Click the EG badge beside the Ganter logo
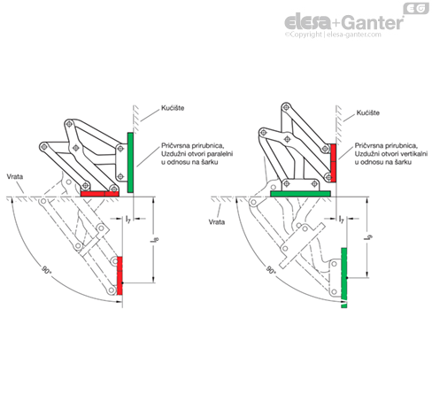point(416,8)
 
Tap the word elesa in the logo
point(308,22)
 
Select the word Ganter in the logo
point(373,23)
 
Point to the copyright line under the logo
point(333,35)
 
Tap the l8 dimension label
point(155,239)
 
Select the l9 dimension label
point(369,236)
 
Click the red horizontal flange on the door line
point(100,194)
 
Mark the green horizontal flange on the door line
point(300,194)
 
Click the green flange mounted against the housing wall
point(130,163)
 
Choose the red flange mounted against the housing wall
point(333,163)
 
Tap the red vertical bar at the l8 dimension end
point(120,275)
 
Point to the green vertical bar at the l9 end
point(343,278)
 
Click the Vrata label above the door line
point(15,176)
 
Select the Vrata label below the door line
point(217,222)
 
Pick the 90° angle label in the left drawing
point(46,270)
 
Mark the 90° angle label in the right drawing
point(271,270)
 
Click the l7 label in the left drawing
point(128,219)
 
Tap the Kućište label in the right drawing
point(368,112)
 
